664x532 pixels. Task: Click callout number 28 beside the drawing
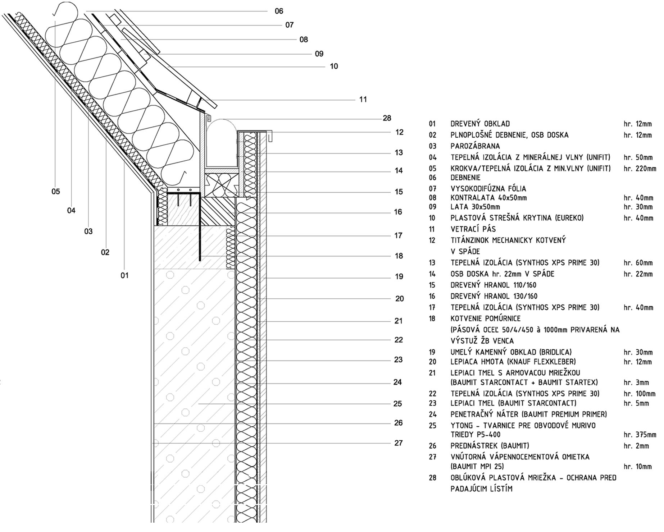pos(387,118)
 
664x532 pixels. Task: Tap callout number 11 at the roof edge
pos(363,100)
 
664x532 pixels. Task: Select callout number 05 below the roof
pos(55,192)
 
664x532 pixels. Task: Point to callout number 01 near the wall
pos(124,276)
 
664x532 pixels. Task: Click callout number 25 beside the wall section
pos(397,404)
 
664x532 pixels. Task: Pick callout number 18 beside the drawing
pos(399,256)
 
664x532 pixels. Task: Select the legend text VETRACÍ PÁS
pos(473,229)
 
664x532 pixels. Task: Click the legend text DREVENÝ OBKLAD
pos(480,124)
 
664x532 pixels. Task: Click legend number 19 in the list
pos(432,352)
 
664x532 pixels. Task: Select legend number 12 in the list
pos(432,240)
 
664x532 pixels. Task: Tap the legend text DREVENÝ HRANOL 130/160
pos(494,296)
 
